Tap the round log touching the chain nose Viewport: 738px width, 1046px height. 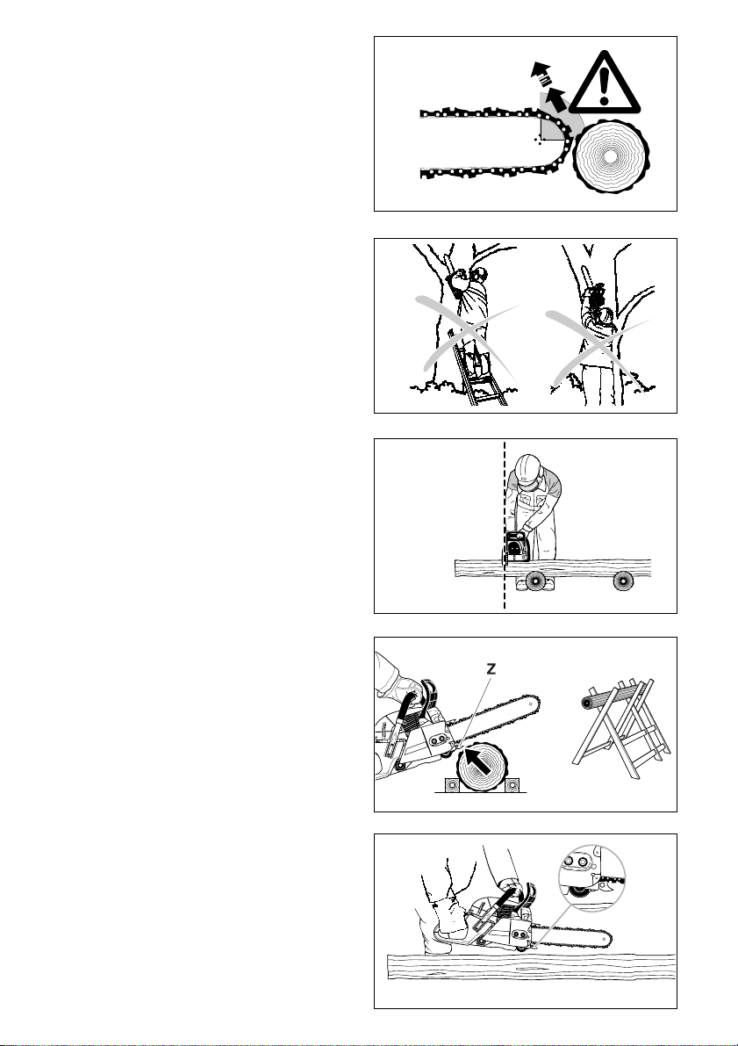click(610, 155)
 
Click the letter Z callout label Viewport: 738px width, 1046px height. click(491, 670)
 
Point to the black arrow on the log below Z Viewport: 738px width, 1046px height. click(476, 758)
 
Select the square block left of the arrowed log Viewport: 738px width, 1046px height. click(449, 784)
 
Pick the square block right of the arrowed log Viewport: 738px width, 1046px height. click(512, 784)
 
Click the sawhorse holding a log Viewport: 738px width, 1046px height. click(621, 727)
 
